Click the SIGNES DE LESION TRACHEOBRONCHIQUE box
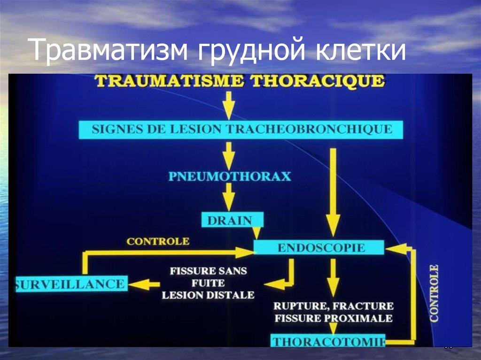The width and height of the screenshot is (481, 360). [241, 129]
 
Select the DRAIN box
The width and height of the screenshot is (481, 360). [233, 220]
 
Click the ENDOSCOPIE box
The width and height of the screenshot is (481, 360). [319, 247]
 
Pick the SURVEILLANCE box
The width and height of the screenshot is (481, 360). [70, 283]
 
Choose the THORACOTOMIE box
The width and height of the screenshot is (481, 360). [328, 341]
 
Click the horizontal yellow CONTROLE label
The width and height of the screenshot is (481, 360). [158, 242]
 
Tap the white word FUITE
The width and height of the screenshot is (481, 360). [208, 283]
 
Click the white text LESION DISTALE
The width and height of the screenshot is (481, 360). [208, 295]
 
